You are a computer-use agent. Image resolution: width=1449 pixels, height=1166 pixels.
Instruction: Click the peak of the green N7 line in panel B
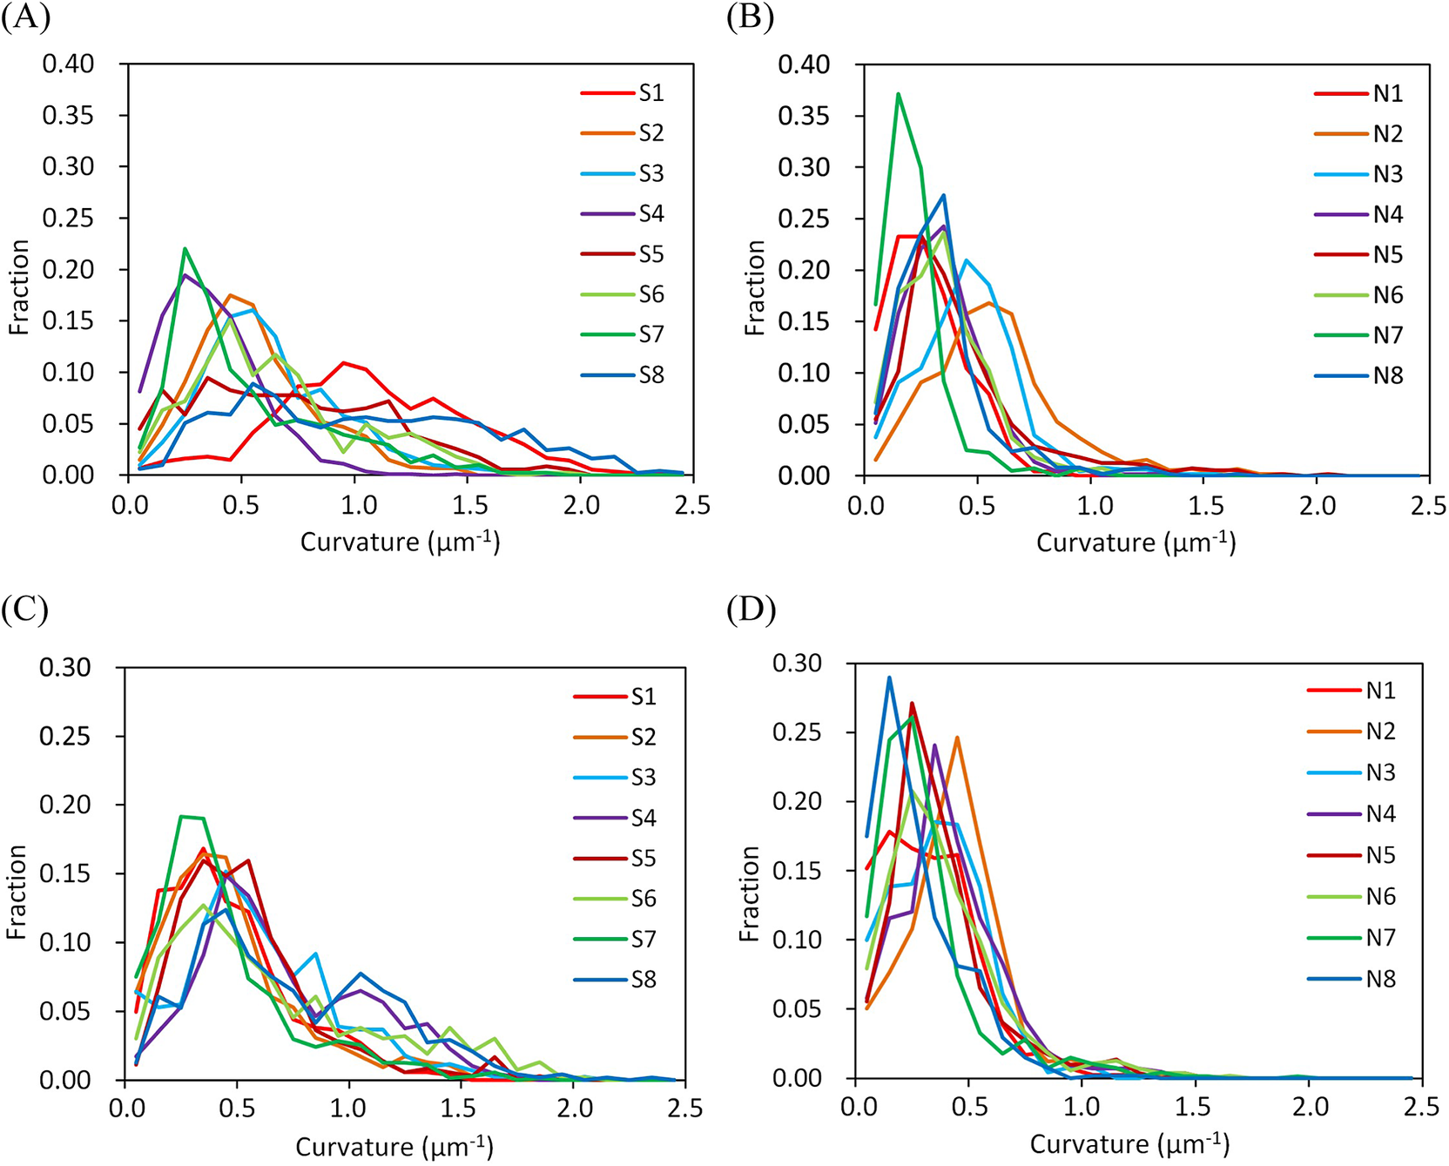[x=898, y=94]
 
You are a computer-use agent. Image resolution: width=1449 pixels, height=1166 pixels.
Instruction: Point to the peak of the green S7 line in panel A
[x=185, y=249]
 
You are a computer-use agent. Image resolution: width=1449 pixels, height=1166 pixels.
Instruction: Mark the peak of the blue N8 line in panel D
[x=889, y=677]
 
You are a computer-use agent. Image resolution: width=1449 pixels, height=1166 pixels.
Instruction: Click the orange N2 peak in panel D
[x=957, y=738]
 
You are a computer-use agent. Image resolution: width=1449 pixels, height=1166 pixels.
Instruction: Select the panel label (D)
[x=751, y=610]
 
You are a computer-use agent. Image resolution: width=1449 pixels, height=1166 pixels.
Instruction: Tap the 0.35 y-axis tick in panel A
[x=68, y=115]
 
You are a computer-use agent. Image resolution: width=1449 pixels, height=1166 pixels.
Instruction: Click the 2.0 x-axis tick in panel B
[x=1318, y=506]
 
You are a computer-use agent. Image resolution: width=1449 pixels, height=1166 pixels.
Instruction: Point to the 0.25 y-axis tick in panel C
[x=64, y=736]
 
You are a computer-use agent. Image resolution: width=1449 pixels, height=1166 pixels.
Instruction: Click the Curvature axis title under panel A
[x=400, y=542]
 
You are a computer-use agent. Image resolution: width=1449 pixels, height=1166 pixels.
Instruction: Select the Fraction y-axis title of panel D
[x=750, y=893]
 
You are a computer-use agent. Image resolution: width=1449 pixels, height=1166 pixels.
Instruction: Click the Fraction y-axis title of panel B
[x=755, y=287]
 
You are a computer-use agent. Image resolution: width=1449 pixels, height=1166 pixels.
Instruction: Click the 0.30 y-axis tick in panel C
[x=64, y=667]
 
